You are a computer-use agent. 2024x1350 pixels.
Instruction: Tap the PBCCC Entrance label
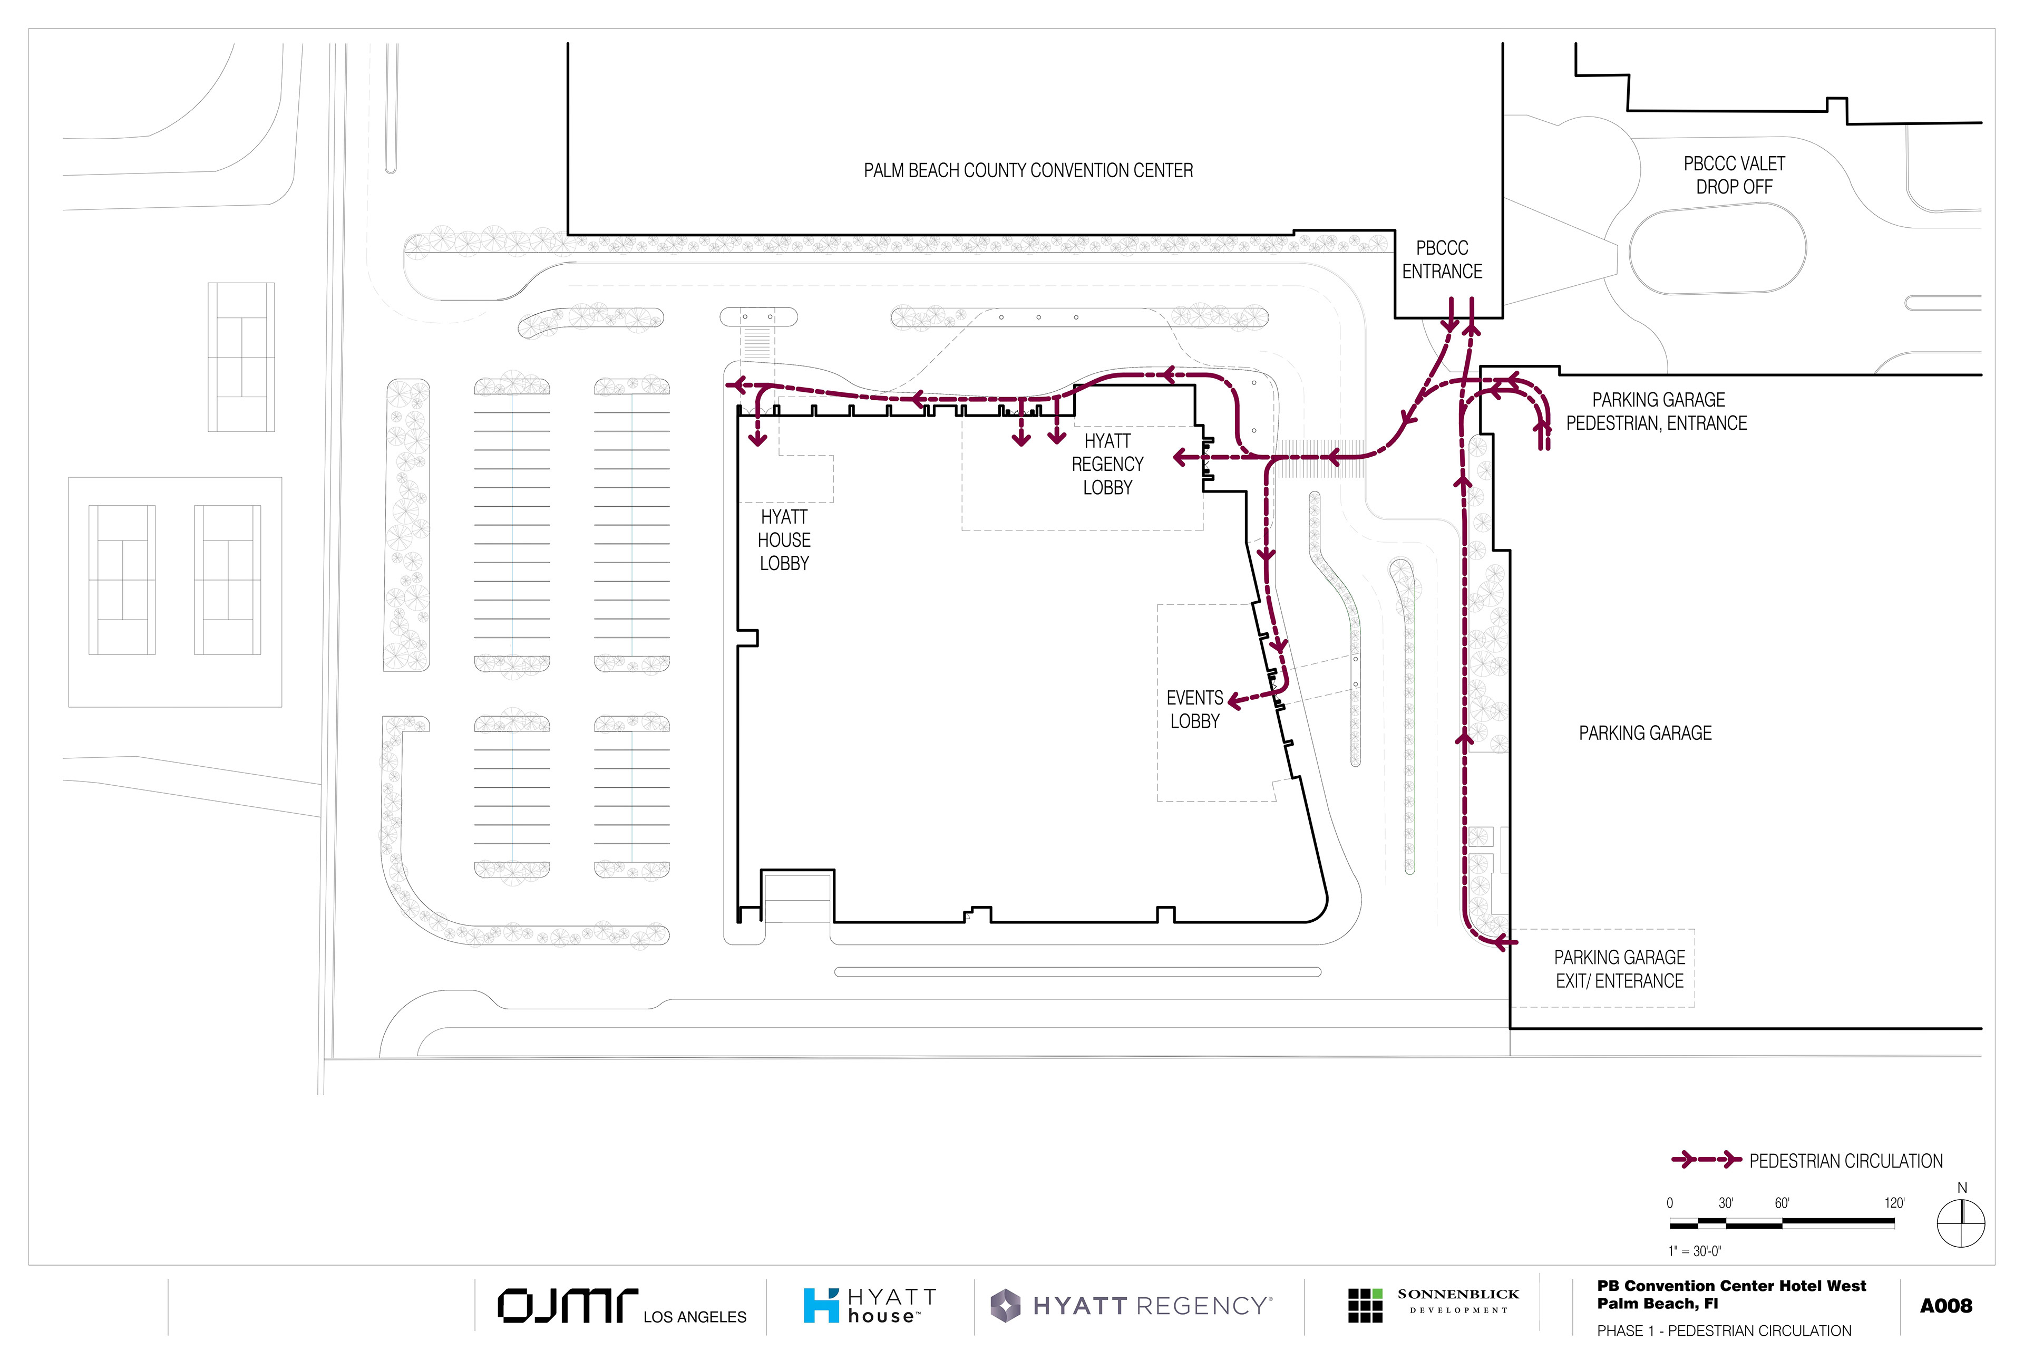click(1442, 259)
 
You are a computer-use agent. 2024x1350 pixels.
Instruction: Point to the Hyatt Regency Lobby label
click(1107, 464)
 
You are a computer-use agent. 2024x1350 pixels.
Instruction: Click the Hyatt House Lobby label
click(783, 540)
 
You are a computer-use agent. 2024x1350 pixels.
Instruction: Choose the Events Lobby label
click(1194, 709)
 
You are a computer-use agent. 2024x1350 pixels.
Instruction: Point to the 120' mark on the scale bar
click(1894, 1203)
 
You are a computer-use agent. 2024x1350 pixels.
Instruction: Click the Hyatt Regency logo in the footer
click(1131, 1305)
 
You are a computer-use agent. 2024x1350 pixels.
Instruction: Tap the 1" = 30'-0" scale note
click(1695, 1250)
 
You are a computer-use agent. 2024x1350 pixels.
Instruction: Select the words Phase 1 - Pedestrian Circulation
click(1724, 1330)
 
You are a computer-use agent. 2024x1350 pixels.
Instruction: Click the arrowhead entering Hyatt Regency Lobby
click(1182, 457)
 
